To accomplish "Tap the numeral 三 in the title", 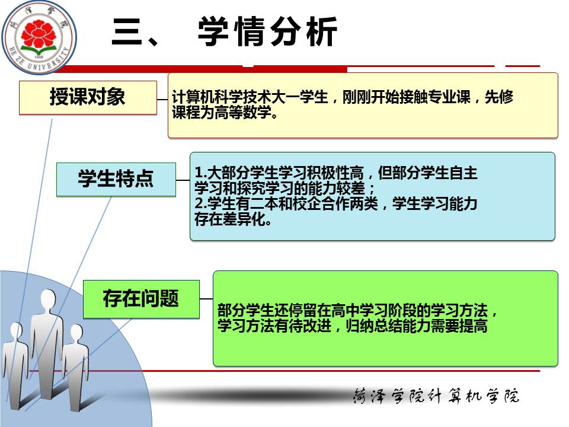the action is tap(127, 32).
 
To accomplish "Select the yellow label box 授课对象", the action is tap(88, 97).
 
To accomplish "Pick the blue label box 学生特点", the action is tap(116, 179).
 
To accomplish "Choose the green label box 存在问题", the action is tap(141, 299).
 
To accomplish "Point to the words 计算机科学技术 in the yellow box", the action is tap(221, 97).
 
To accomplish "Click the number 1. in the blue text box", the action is tap(201, 172).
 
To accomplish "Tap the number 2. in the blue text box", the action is tap(201, 203).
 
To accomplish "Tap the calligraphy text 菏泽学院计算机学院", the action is tap(437, 396).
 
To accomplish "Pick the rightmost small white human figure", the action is tap(75, 367).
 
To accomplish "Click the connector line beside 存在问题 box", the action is tap(206, 299).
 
